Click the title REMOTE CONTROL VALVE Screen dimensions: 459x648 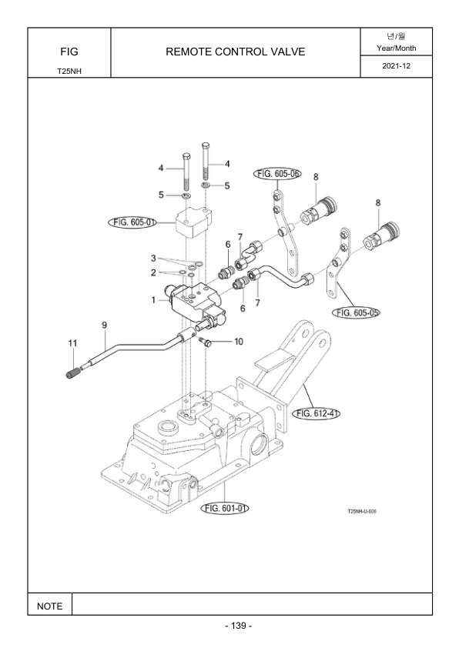coord(236,52)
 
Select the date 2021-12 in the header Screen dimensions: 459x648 coord(396,66)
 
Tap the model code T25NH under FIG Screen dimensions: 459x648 coord(69,71)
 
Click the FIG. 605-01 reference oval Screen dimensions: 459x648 coord(132,222)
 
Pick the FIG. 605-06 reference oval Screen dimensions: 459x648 coord(277,174)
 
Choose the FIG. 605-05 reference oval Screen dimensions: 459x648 coord(356,312)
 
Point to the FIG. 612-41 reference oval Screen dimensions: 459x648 coord(317,413)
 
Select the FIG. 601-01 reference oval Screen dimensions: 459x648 coord(225,508)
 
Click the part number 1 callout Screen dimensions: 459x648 coord(153,299)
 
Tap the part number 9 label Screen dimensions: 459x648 coord(104,326)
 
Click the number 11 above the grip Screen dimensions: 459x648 coord(73,343)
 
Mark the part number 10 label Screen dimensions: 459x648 coord(239,342)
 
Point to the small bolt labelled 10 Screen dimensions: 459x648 coord(205,341)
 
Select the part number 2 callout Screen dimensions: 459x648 coord(153,272)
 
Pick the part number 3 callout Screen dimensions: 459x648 coord(153,259)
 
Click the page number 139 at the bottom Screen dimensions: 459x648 coord(239,626)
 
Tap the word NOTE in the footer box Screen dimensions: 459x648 coord(49,606)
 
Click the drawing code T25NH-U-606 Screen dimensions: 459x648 coord(362,511)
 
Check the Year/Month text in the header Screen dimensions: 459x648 coord(396,48)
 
